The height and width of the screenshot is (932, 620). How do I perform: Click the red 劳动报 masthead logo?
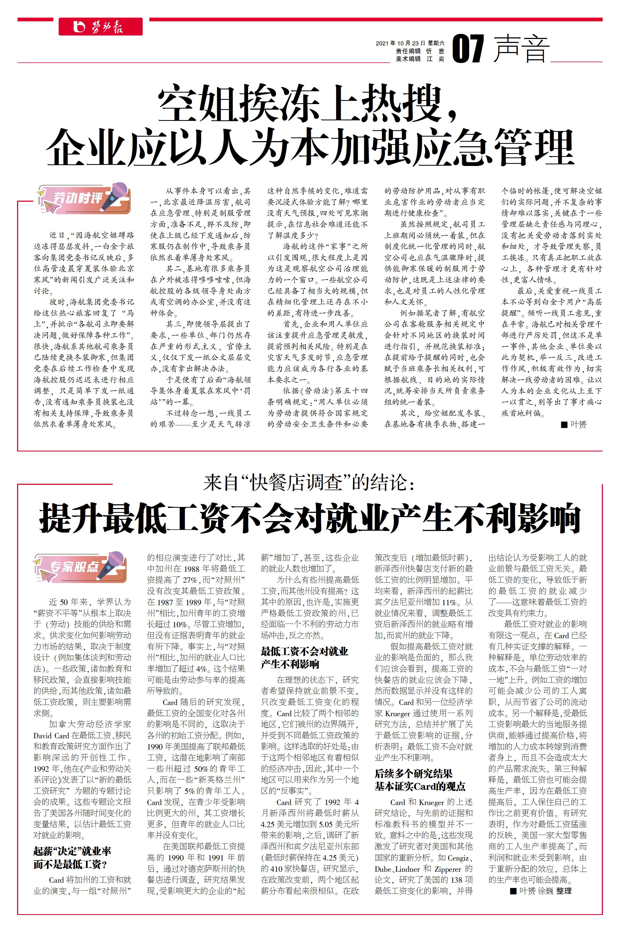pos(101,27)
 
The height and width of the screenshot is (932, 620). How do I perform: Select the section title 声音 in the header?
pos(522,49)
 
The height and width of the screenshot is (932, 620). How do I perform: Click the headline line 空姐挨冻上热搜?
pos(308,104)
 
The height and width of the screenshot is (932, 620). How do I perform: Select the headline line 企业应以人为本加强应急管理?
pos(310,147)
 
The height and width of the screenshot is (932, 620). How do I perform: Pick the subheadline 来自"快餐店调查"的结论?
pos(310,483)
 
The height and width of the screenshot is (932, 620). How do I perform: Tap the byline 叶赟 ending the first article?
pos(578,425)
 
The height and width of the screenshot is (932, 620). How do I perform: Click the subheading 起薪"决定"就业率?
pos(72,851)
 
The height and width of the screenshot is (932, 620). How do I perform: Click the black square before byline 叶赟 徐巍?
pos(513,891)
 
